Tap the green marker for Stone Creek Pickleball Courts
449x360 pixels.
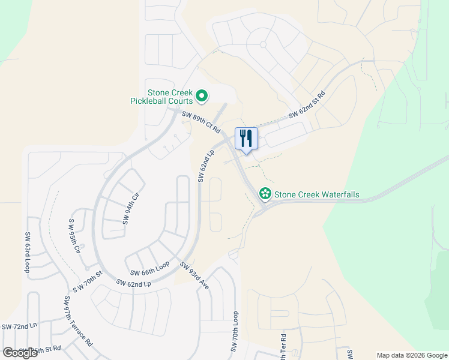[x=202, y=95]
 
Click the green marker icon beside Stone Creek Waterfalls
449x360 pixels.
[x=264, y=193]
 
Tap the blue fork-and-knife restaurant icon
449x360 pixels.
[x=246, y=139]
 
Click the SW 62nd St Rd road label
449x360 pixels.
[x=307, y=105]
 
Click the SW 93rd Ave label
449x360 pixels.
[x=194, y=276]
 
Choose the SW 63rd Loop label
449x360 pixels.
[x=27, y=253]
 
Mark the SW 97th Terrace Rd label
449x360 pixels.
[x=78, y=320]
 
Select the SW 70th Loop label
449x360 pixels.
[x=235, y=331]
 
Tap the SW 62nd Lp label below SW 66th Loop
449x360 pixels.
[x=134, y=283]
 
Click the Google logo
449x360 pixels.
[x=20, y=353]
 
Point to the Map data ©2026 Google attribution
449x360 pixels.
[x=411, y=355]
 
